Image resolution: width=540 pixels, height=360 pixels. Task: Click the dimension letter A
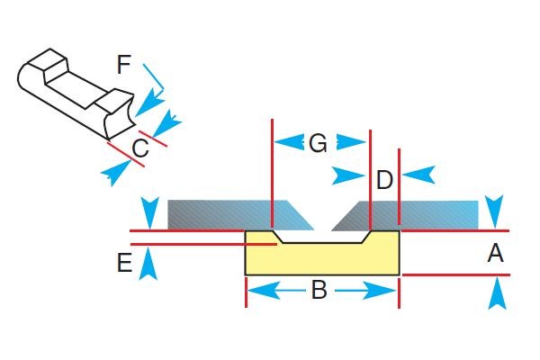coord(495,255)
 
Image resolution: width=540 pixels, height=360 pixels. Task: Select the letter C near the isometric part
coord(140,147)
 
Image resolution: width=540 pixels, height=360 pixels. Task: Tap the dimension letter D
coord(384,180)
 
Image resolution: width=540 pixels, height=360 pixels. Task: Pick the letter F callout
coord(124,64)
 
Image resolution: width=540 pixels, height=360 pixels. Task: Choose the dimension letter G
coord(318,143)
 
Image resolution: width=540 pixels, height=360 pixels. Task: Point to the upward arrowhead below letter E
coord(149,264)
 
